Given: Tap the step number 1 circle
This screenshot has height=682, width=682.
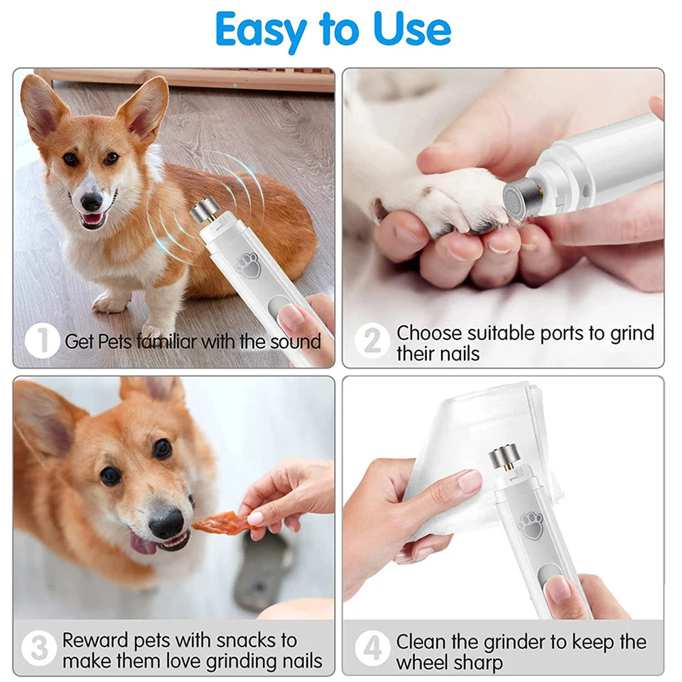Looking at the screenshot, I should [42, 341].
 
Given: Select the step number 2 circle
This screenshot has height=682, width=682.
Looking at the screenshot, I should [372, 341].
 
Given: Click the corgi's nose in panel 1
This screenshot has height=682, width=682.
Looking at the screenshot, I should [91, 201].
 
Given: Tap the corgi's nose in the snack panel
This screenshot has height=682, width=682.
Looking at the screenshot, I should [166, 525].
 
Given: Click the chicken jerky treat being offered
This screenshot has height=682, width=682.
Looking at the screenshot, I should [217, 523].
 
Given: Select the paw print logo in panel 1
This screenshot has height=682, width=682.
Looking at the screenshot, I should [249, 264].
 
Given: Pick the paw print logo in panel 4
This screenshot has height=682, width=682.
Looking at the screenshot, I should [530, 525].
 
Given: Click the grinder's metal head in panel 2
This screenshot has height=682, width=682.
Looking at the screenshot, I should [523, 198].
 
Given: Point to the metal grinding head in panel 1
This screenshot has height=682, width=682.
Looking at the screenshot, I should [204, 211].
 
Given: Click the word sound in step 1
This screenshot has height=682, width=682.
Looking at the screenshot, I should [295, 341].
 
